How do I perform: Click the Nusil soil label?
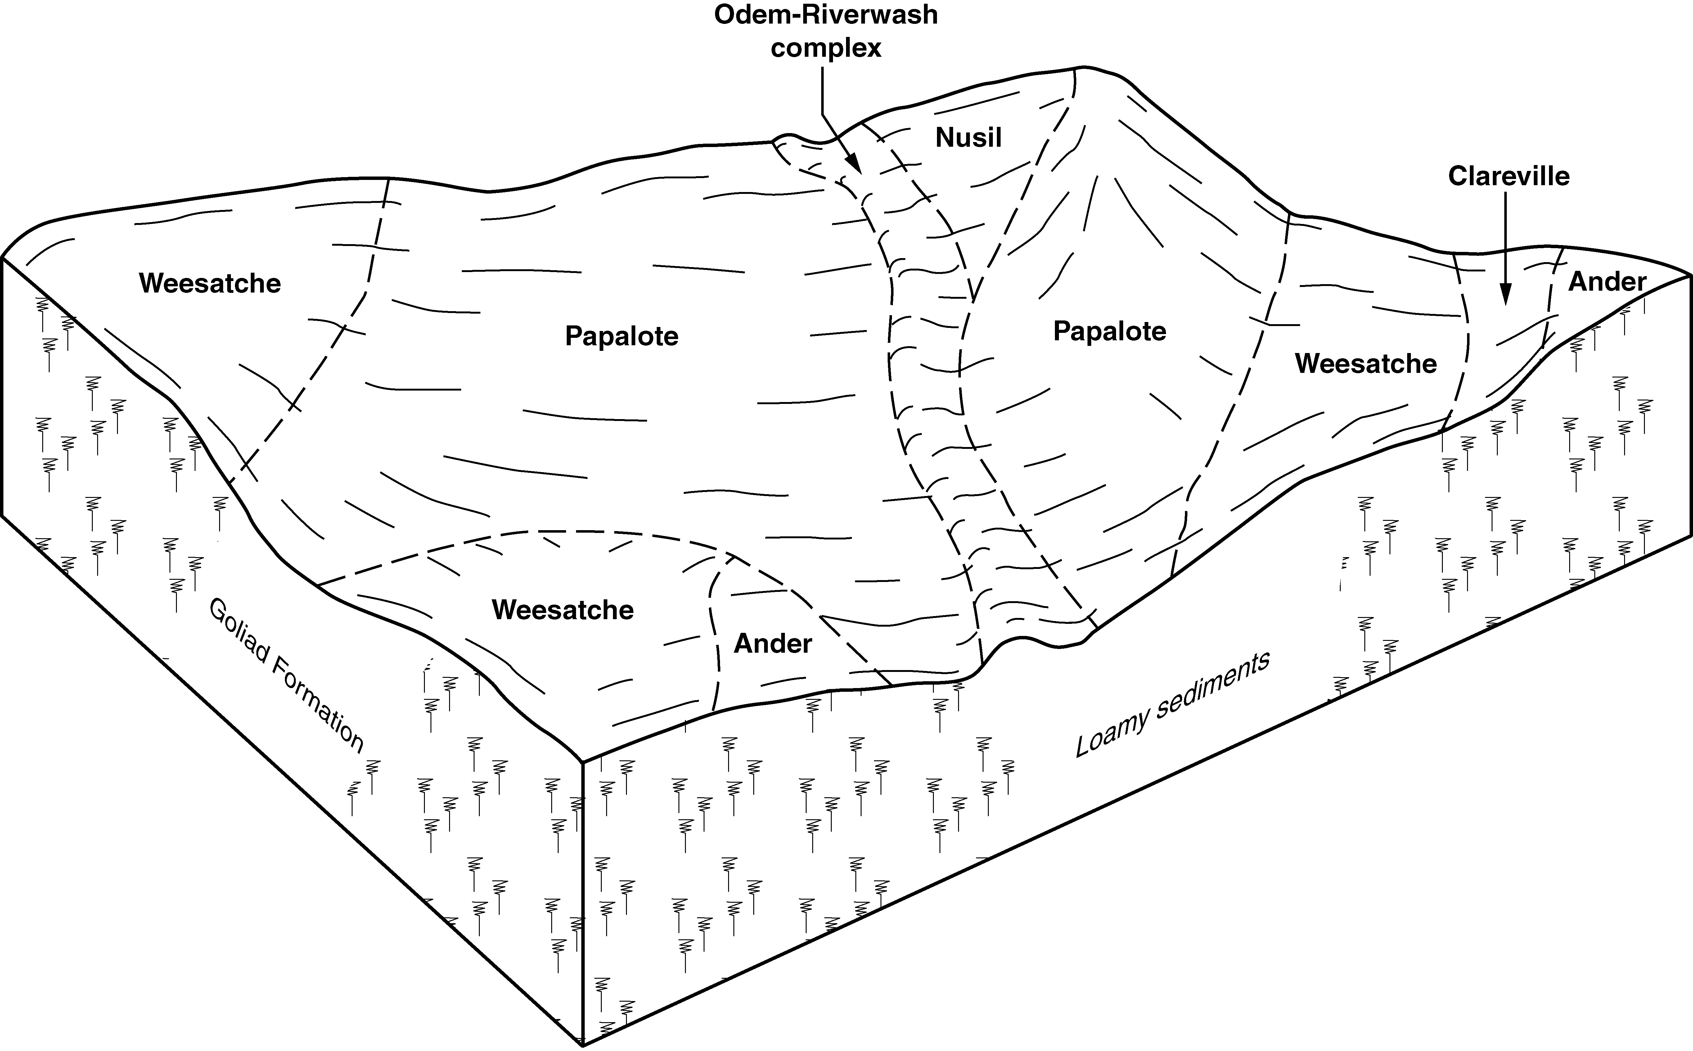tap(969, 138)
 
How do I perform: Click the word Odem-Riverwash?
tap(826, 15)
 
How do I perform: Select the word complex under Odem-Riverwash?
tap(826, 49)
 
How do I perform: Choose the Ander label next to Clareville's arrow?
tap(1607, 282)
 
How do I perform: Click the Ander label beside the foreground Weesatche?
tap(772, 644)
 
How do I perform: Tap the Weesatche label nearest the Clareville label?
tap(1366, 364)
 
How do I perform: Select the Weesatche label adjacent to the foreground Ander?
tap(562, 610)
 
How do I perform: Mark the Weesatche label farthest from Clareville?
tap(210, 283)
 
